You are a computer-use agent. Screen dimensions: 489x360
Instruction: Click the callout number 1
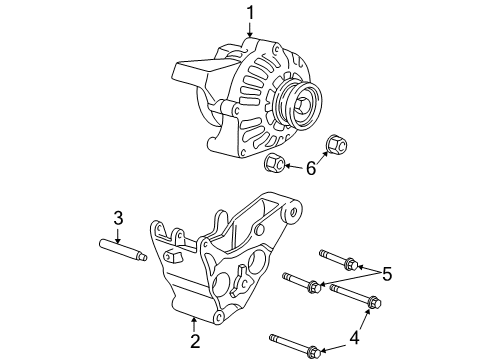tap(250, 13)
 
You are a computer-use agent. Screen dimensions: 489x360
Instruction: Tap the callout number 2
tap(195, 341)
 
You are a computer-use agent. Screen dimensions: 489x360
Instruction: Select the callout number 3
tap(118, 218)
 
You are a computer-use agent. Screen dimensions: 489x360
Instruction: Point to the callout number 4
tap(354, 338)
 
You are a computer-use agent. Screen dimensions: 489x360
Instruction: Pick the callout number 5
tap(387, 274)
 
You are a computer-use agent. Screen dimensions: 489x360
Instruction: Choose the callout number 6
tap(311, 168)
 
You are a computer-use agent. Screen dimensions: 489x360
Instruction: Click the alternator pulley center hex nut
tap(302, 105)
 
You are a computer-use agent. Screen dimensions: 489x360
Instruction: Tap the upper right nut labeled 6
tap(337, 144)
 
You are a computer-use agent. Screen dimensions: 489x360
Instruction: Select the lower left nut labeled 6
tap(274, 162)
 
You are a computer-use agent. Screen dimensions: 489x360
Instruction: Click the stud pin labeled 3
tap(123, 251)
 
